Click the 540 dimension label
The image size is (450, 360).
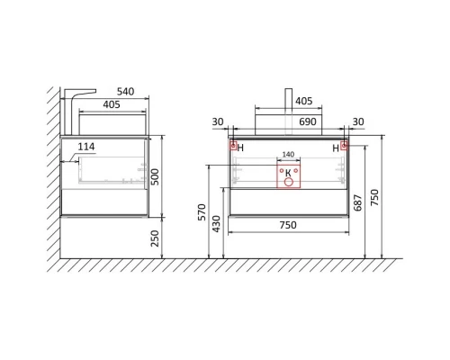[125, 92]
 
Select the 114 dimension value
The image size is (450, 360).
[86, 147]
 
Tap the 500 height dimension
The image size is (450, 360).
[155, 176]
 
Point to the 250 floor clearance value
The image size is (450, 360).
[155, 238]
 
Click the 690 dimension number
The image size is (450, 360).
[308, 121]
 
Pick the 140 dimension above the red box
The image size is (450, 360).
[288, 155]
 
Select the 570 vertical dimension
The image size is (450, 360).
[202, 212]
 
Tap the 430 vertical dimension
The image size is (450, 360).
[216, 224]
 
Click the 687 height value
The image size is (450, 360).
[358, 202]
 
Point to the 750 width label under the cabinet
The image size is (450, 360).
[288, 225]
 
